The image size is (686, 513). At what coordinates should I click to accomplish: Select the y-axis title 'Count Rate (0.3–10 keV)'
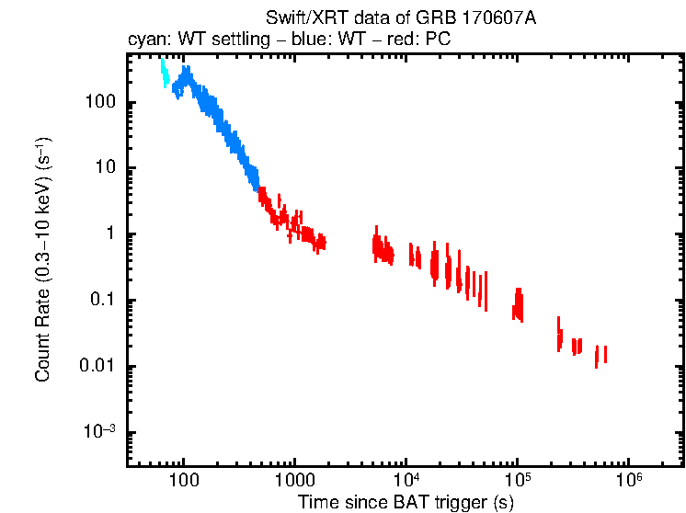pos(43,260)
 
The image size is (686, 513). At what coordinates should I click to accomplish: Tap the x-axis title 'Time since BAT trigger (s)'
pos(405,501)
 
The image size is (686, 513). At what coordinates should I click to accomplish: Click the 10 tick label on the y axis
pos(106,168)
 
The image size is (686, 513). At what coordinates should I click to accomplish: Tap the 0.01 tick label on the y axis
pos(99,367)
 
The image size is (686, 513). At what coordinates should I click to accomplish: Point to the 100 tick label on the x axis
pos(184,481)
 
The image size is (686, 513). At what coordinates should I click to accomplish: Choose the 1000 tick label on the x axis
pos(295,481)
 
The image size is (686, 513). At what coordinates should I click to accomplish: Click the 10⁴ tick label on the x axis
pos(406,480)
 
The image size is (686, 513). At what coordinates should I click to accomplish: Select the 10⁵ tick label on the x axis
pos(518,480)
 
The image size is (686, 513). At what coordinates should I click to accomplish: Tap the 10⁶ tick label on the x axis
pos(629,480)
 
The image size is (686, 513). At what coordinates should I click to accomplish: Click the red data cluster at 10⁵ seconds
pos(518,304)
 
